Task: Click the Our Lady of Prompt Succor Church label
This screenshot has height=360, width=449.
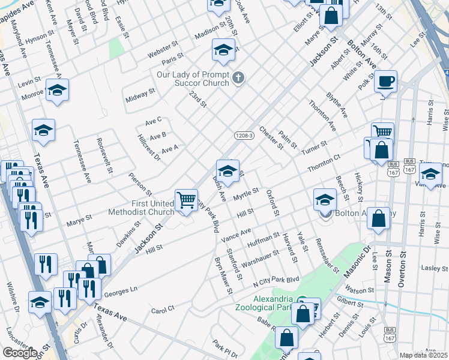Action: tap(193, 79)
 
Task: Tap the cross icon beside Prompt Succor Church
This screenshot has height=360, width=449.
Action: tap(238, 77)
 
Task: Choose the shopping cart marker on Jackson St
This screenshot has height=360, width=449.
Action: tap(186, 199)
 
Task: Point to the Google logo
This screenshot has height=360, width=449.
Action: tap(20, 353)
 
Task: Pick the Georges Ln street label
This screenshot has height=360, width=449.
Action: tap(121, 289)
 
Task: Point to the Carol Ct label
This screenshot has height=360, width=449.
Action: tap(163, 310)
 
